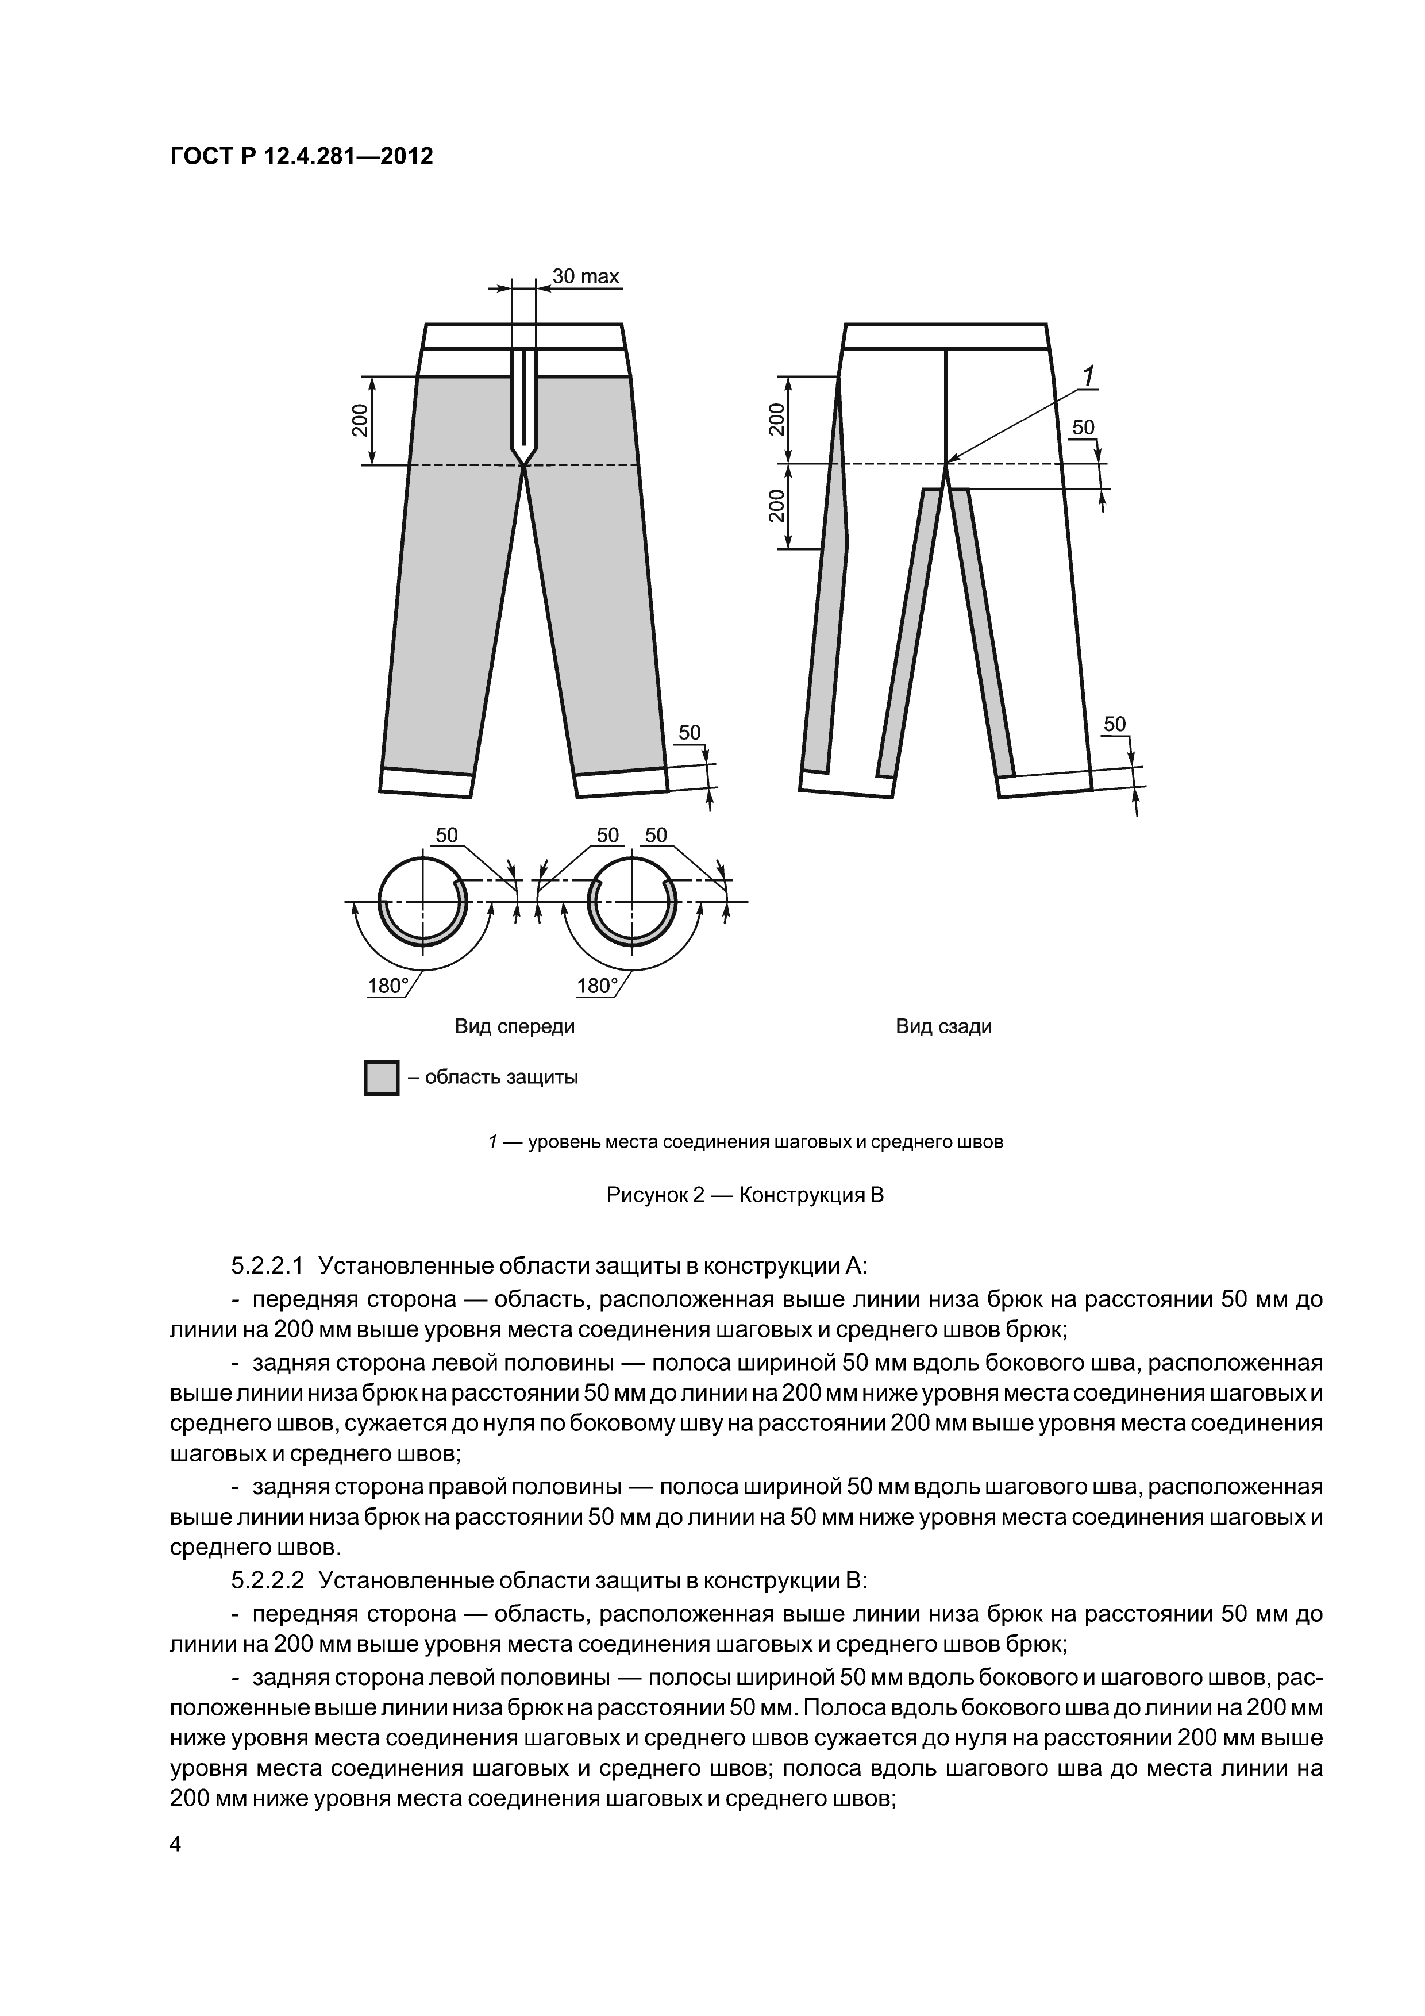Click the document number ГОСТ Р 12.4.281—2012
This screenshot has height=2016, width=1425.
coord(301,157)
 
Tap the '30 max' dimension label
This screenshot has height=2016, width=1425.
coord(586,276)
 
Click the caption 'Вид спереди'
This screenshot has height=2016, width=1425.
coord(514,1026)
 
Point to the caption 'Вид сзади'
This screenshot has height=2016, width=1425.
coord(944,1026)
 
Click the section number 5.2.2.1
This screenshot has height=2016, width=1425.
coord(267,1265)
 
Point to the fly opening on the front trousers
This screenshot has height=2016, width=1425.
coord(524,404)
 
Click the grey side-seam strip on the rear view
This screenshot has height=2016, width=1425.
coord(827,615)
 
